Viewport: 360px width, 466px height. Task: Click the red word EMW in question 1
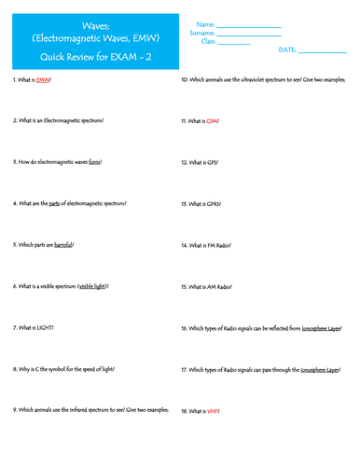tap(42, 81)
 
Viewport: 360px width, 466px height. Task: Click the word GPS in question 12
tap(212, 162)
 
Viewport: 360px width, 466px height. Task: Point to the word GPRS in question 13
tap(214, 203)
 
